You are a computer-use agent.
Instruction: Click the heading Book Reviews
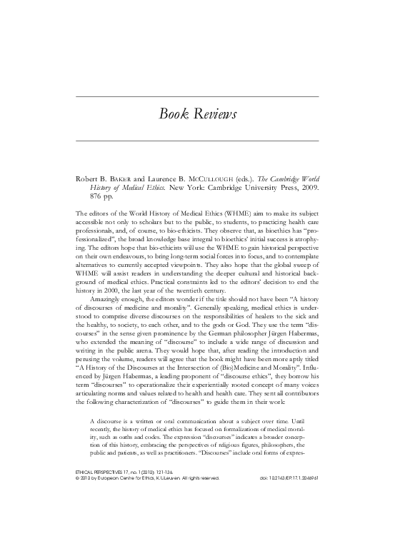pos(198,115)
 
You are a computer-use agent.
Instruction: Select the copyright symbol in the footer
pos(77,500)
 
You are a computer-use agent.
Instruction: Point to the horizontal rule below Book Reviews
pos(198,140)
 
